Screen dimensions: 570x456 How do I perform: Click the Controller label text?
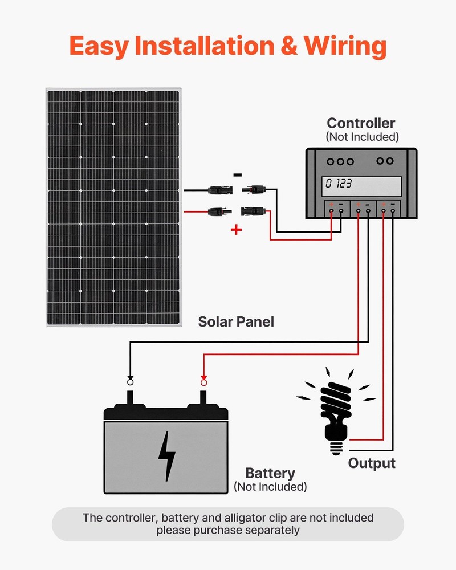361,123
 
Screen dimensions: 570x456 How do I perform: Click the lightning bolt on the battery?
166,455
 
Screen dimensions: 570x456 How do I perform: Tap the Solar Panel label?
236,322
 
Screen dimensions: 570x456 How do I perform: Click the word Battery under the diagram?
270,473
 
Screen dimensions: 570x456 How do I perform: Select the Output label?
372,463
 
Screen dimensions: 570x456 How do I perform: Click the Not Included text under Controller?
362,137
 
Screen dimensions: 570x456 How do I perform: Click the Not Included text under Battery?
270,487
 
